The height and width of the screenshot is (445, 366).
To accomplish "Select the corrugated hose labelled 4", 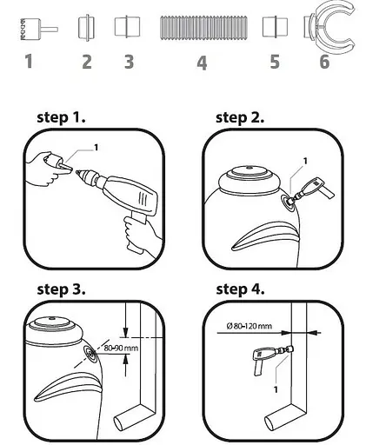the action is (203, 28).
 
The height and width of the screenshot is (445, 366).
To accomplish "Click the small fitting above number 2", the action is (86, 28).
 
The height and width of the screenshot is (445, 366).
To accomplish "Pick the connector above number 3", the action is (127, 26).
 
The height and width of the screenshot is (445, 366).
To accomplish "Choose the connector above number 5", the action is (275, 27).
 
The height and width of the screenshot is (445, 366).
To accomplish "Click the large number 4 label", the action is (202, 63).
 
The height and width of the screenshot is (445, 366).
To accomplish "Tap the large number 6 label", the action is (324, 62).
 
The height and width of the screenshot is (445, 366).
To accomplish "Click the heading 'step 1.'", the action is (61, 117).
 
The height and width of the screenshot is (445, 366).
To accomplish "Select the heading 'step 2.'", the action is (240, 117).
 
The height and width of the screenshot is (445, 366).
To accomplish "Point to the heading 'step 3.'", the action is (61, 289).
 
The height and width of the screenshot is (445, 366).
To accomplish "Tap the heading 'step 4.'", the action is (240, 289).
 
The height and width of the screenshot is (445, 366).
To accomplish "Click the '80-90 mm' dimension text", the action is (121, 348).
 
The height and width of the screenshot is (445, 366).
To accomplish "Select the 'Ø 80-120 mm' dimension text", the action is (249, 326).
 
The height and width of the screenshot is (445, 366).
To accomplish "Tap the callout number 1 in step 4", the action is (276, 389).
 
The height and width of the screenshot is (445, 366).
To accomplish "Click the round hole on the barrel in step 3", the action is (91, 354).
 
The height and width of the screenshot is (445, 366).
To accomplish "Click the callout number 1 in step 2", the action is (304, 161).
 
